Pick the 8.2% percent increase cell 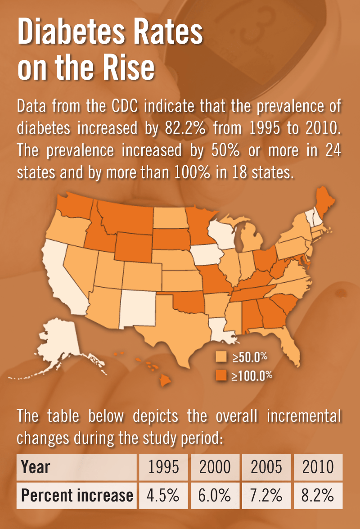(318, 496)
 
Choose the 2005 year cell (266, 467)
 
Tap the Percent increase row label (77, 496)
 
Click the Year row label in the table (36, 467)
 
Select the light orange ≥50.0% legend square (221, 357)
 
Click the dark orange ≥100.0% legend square (221, 375)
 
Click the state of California (67, 279)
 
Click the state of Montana (126, 216)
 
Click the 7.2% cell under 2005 (266, 496)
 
